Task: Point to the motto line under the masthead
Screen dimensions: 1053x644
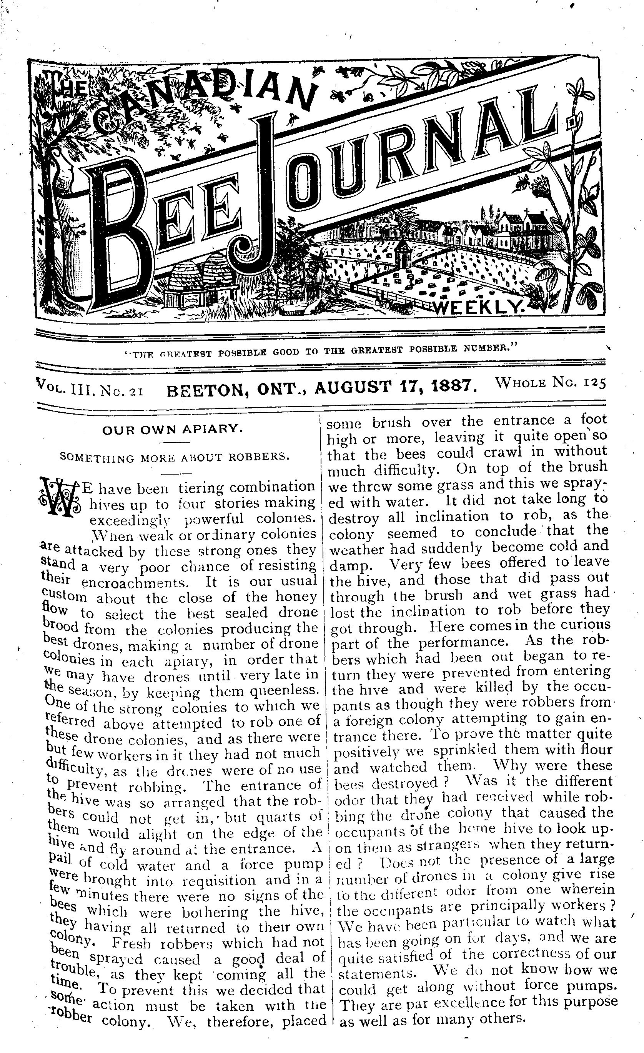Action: coord(317,352)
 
